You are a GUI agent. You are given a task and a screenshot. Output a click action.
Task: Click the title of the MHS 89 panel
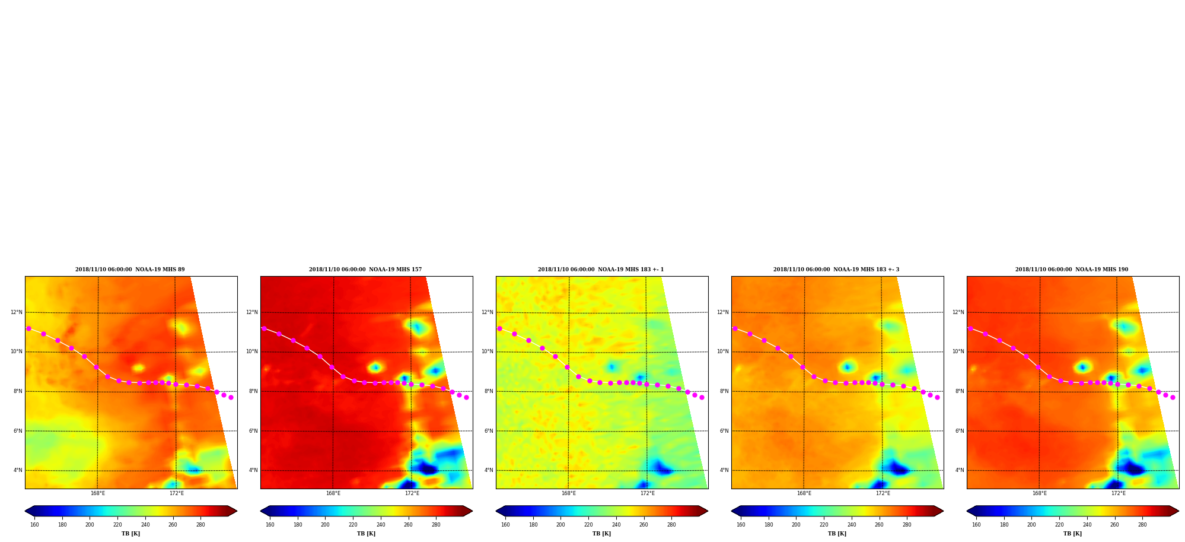(130, 270)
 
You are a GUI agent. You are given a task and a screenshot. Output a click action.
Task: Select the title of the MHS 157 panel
(365, 270)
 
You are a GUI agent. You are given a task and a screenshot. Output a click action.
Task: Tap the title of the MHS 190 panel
(1072, 270)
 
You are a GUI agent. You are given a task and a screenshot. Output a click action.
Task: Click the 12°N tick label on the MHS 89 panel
(17, 312)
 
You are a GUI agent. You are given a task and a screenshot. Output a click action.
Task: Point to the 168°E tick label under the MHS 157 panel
(333, 493)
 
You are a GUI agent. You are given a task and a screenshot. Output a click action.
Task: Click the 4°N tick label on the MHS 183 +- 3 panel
(724, 470)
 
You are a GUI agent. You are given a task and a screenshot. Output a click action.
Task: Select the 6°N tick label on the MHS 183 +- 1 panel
(489, 431)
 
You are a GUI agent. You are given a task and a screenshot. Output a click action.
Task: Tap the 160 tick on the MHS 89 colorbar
(34, 524)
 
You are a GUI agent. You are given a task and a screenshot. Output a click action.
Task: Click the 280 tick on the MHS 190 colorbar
(1142, 524)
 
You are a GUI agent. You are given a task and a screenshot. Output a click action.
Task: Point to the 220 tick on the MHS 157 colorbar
(353, 524)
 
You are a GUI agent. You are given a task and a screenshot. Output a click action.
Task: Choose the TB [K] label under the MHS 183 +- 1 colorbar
(601, 534)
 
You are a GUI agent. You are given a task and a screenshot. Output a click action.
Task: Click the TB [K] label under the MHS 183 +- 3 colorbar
(837, 534)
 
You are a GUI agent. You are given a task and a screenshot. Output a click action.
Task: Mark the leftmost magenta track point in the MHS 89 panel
(28, 328)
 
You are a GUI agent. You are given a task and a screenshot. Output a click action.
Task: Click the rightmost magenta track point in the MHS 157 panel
(466, 397)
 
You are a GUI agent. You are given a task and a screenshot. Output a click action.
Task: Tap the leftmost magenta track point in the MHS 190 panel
(970, 328)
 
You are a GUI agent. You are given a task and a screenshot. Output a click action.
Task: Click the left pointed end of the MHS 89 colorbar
(26, 511)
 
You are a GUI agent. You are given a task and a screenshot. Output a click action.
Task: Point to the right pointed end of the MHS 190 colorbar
(1178, 511)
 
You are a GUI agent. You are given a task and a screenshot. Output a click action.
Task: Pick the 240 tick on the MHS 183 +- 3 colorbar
(852, 524)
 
